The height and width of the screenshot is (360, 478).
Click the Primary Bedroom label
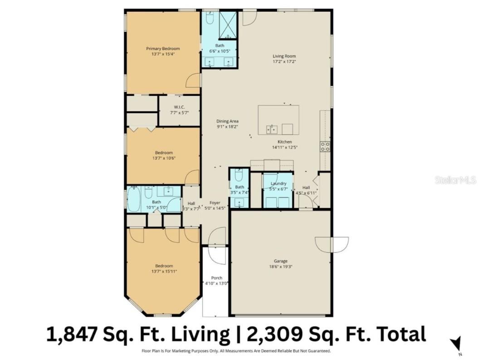tap(163, 49)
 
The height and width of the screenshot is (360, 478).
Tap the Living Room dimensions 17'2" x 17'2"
tap(284, 62)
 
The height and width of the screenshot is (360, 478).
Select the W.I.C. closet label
tap(179, 107)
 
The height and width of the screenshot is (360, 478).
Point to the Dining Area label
tap(227, 121)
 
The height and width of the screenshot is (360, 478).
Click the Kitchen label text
tap(285, 142)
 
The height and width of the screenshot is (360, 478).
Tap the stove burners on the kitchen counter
tap(325, 147)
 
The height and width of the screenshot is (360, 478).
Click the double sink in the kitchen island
tap(272, 130)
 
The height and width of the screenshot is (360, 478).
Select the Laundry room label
tap(278, 183)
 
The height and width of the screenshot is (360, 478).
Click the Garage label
tap(280, 261)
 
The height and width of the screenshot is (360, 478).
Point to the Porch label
tap(217, 278)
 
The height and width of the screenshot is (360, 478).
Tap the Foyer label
tap(215, 202)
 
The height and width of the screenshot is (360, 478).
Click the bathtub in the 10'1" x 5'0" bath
tap(134, 200)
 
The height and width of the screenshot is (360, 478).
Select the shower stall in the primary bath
tap(228, 25)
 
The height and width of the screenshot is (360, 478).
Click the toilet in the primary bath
tap(210, 18)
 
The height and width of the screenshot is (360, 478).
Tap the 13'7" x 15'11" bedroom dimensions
tap(164, 271)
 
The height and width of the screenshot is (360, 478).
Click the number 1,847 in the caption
tap(73, 334)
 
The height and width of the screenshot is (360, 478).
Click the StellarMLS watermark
tap(455, 180)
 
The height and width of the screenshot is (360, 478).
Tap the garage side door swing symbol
tap(332, 244)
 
